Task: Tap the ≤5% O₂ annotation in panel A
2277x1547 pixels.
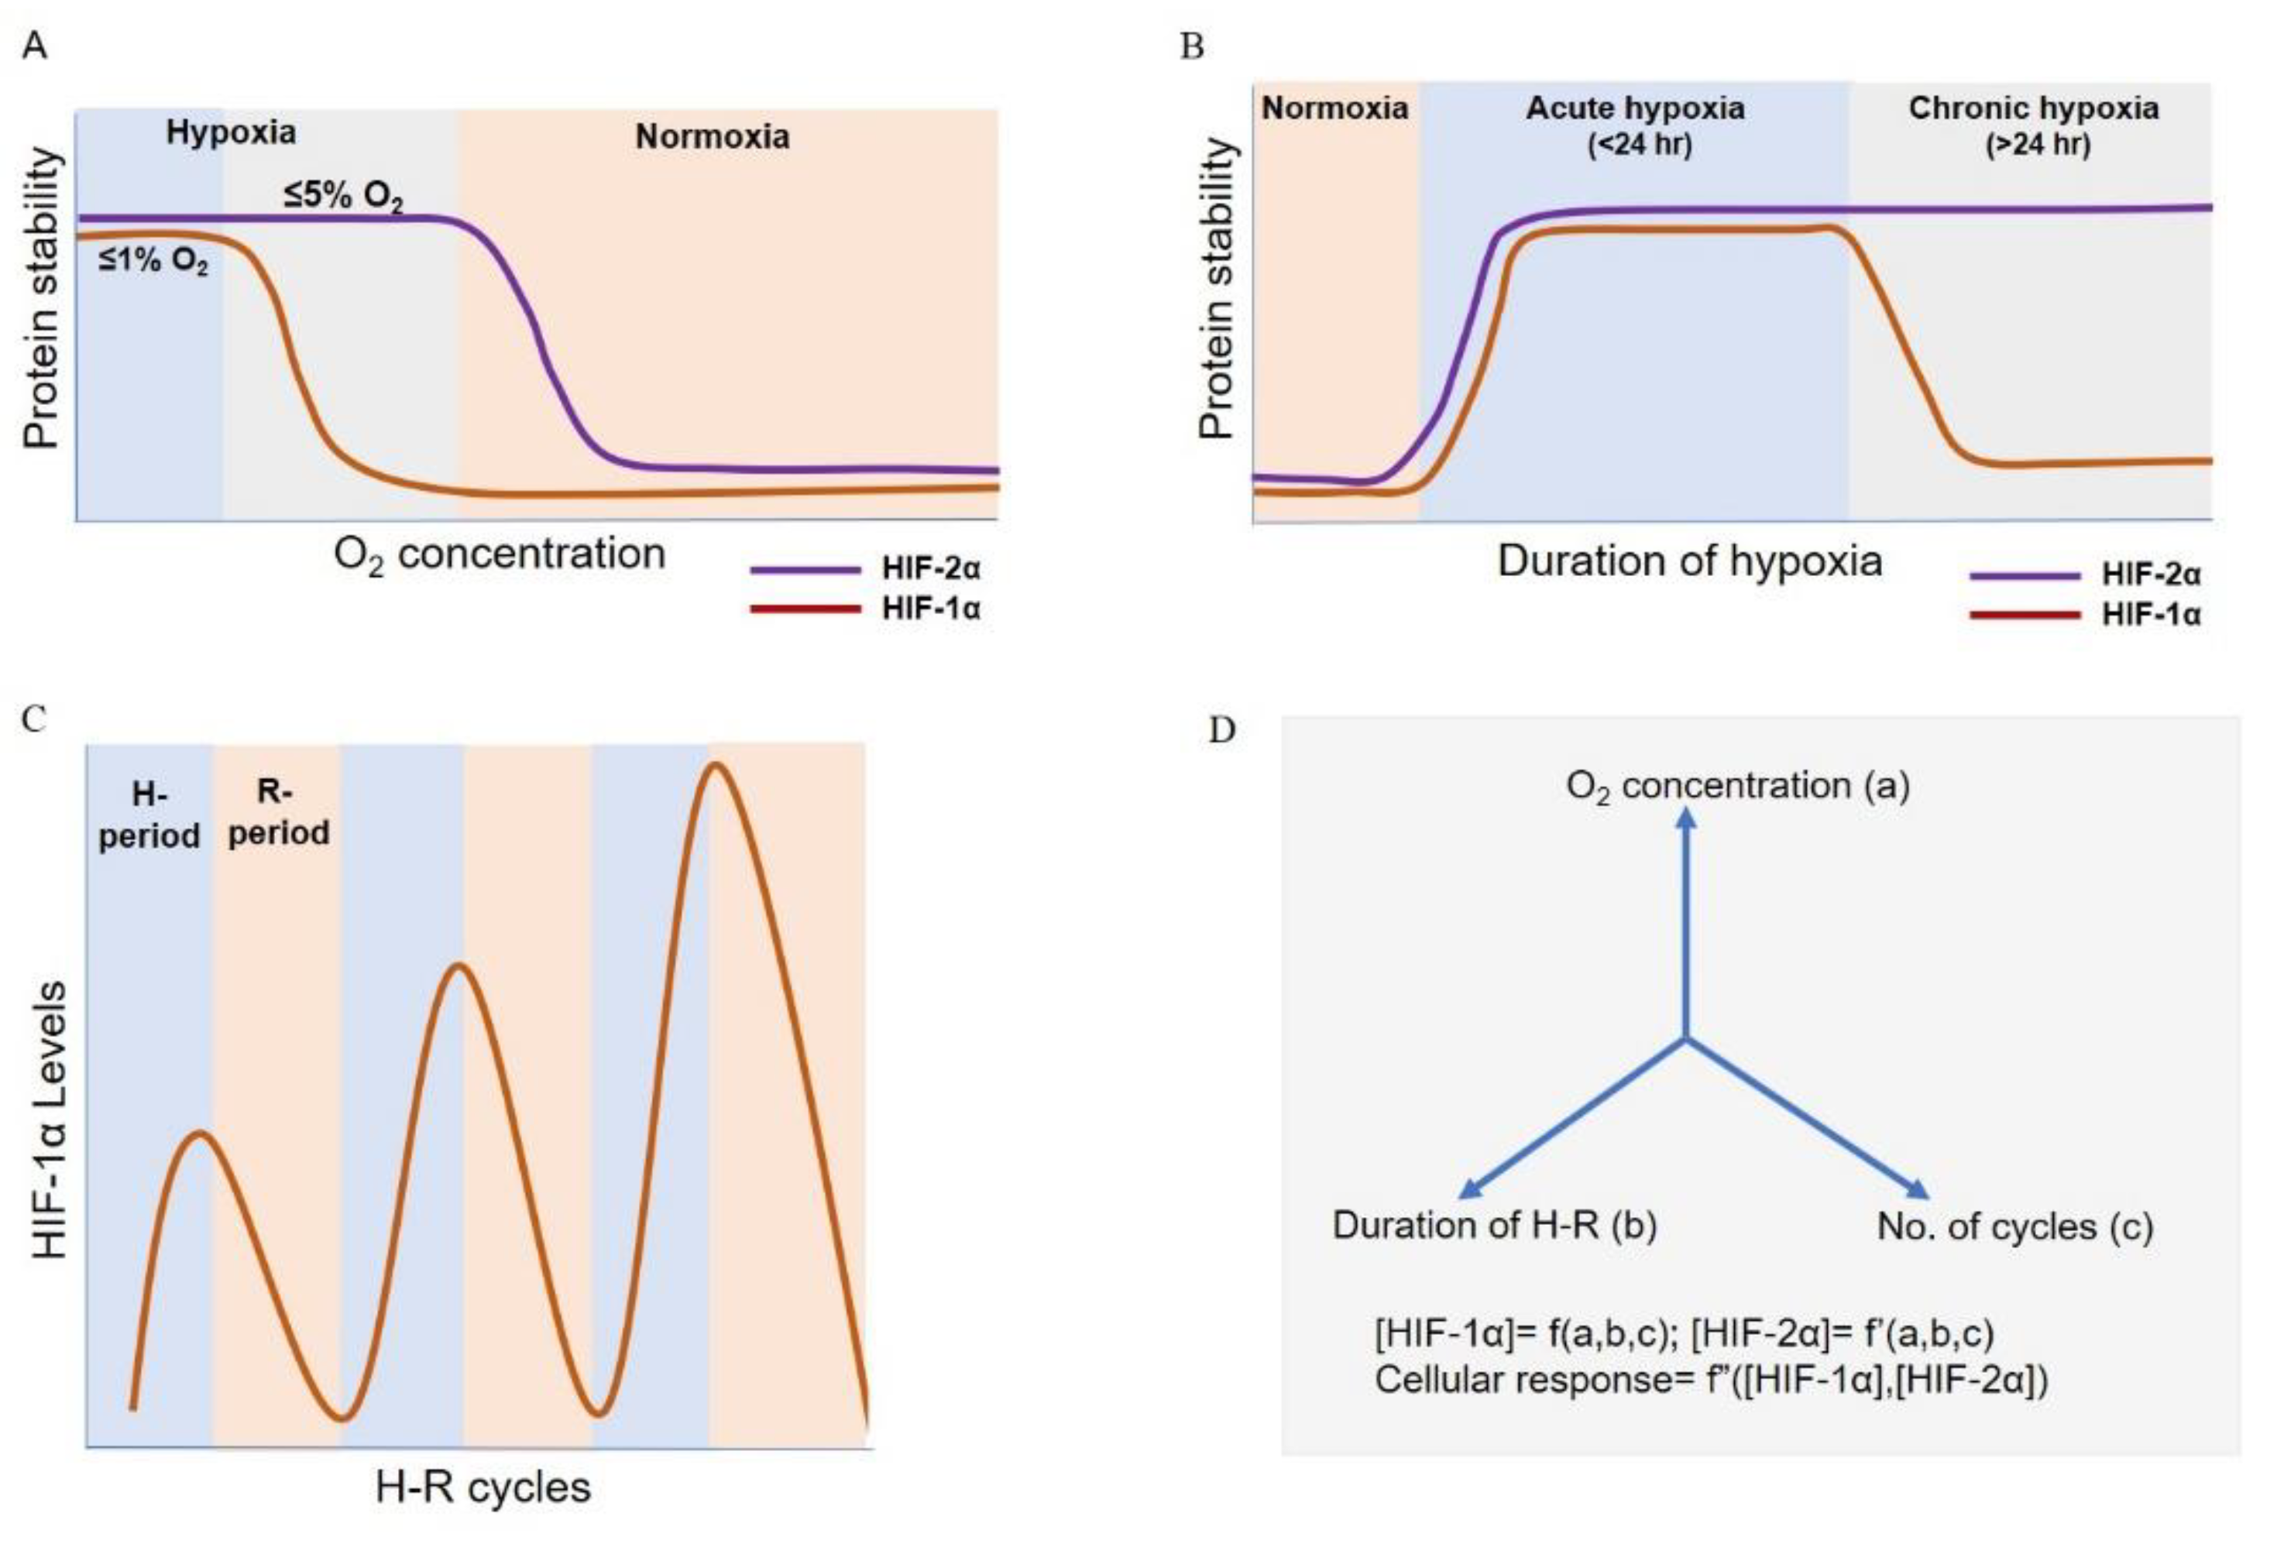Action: coord(343,195)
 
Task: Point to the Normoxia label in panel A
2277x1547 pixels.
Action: coord(713,136)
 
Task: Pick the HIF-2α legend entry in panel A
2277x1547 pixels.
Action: coord(930,568)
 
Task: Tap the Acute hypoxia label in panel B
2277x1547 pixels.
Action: coord(1635,108)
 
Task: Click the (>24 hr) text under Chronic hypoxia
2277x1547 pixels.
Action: coord(2037,145)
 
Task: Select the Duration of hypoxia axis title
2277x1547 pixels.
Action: coord(1690,561)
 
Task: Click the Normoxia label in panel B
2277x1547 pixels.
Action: coord(1334,108)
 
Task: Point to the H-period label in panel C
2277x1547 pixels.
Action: coord(149,815)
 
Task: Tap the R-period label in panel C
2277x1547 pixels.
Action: coord(278,813)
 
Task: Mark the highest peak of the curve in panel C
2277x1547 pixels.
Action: coord(715,764)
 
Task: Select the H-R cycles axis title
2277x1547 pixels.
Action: coord(483,1487)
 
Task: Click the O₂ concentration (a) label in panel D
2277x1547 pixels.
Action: coord(1738,786)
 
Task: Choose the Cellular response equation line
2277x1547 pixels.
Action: coord(1711,1380)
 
